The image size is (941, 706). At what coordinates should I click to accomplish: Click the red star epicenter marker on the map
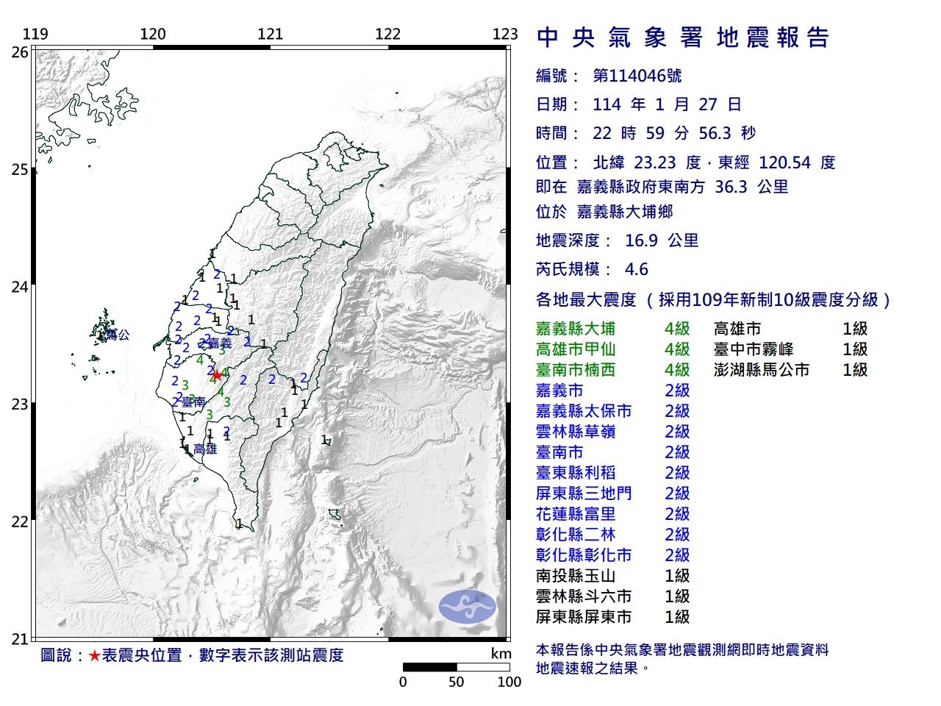coord(217,374)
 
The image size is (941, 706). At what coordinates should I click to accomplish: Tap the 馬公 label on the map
coord(118,335)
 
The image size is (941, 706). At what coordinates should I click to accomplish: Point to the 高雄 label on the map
coord(205,449)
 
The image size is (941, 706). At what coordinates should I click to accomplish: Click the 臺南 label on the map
coord(193,402)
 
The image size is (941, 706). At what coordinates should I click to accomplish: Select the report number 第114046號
coord(637,76)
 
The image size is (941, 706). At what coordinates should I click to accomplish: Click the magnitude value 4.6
coord(636,269)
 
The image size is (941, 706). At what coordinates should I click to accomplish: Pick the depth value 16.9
coord(640,240)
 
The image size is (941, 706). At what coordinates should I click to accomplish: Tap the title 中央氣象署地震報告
coord(683,37)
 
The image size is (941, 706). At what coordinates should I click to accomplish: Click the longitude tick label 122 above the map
coord(387,34)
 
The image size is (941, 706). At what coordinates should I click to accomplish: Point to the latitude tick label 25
coord(20,170)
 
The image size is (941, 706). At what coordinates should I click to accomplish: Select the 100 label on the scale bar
coord(509,682)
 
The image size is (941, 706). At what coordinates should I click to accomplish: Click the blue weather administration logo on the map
coord(468,605)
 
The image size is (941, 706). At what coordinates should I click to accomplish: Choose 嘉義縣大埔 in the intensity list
coord(576,329)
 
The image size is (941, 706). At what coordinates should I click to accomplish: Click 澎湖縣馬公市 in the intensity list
coord(762,370)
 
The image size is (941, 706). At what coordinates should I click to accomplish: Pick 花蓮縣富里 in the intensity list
coord(576,514)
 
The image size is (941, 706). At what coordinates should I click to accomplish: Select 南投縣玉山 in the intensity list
coord(576,576)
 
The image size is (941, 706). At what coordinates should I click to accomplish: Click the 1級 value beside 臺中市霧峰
coord(855,349)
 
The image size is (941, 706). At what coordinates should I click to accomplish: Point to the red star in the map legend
coord(94,655)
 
